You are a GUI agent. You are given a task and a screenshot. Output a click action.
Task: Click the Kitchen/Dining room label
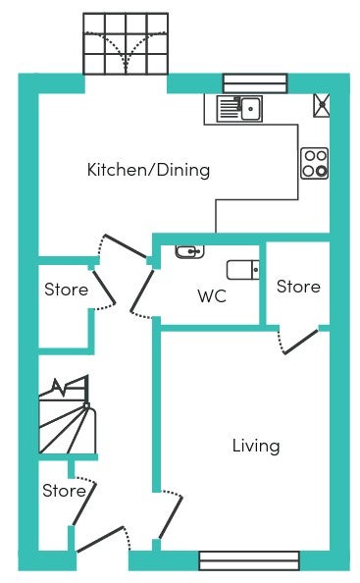[148, 170]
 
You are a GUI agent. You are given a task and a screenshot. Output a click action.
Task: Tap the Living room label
[256, 446]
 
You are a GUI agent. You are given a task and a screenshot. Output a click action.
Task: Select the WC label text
[212, 296]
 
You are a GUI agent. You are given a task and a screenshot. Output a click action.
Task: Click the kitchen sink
[239, 109]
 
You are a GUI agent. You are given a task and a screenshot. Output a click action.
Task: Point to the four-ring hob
[314, 163]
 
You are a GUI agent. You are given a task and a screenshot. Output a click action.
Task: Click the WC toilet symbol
[243, 270]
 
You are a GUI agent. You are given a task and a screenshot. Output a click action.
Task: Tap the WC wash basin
[189, 251]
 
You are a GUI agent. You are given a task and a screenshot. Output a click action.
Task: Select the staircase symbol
[68, 415]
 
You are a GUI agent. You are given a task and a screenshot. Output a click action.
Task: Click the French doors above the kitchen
[126, 44]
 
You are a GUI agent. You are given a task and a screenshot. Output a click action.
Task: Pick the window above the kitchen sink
[255, 83]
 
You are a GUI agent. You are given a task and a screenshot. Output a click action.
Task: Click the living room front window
[249, 560]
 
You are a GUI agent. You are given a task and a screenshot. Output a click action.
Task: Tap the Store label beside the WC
[298, 287]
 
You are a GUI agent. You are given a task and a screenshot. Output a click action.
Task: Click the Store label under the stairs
[64, 491]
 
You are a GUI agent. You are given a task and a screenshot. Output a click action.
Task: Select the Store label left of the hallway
[66, 290]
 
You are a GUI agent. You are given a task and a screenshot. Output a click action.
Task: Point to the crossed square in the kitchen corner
[322, 106]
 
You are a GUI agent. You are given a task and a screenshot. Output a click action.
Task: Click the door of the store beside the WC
[301, 342]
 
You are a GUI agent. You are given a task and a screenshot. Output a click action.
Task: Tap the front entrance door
[100, 539]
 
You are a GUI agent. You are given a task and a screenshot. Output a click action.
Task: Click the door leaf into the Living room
[171, 517]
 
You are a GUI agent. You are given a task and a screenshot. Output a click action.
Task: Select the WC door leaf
[141, 291]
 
